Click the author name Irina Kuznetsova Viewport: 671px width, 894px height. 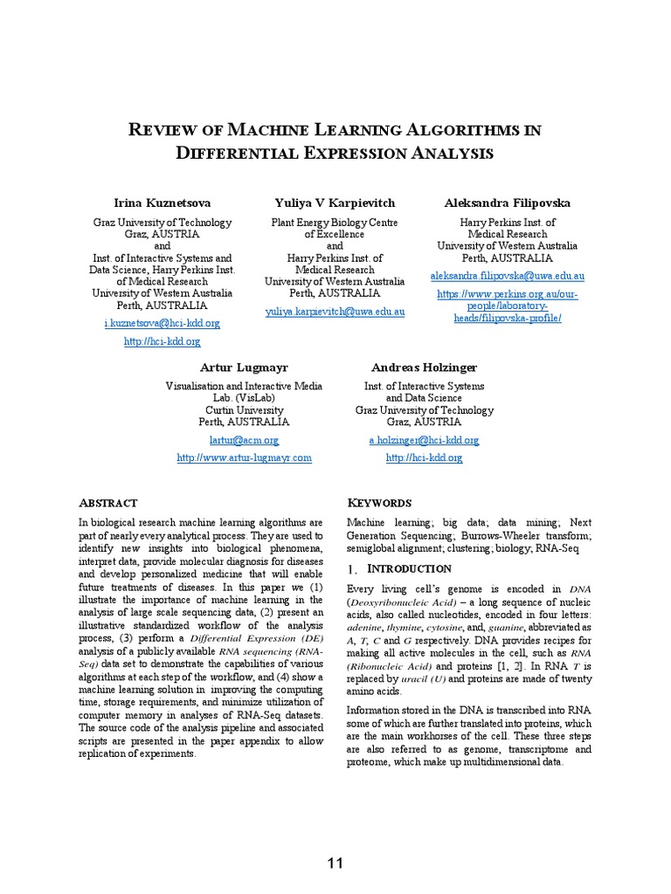coord(163,203)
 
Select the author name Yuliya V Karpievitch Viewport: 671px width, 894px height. coord(335,203)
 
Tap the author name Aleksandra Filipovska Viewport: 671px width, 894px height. coord(508,203)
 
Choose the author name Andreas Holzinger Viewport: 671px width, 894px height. coord(424,368)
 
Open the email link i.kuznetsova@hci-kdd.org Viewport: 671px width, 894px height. coord(163,323)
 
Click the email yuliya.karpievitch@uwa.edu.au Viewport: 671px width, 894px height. coord(335,312)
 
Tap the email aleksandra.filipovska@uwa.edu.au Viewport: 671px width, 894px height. coord(508,277)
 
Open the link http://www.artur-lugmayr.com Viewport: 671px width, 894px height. coord(244,457)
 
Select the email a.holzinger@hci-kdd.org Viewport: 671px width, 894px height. coord(424,441)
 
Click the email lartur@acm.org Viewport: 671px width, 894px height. coord(244,441)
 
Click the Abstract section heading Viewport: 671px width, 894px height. coord(108,504)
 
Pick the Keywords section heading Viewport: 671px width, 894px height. coord(379,504)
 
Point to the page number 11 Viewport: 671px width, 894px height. coord(335,863)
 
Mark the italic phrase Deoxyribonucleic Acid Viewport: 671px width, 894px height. coord(401,602)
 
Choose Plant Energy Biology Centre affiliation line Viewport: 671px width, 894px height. coord(335,223)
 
